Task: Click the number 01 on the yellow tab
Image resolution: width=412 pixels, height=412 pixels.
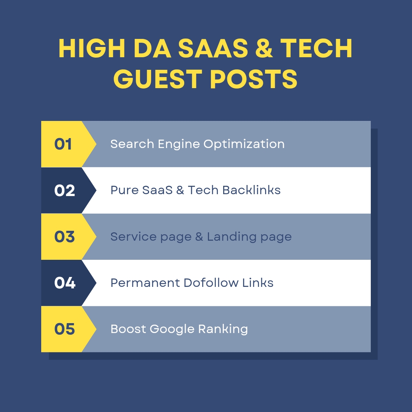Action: [63, 144]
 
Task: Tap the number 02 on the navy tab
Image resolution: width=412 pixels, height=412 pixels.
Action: [64, 190]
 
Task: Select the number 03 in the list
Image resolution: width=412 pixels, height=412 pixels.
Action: [64, 237]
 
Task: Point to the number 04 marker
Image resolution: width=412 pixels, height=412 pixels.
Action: [64, 283]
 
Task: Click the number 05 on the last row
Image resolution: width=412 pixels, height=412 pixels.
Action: [64, 329]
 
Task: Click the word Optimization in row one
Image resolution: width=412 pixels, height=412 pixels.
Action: [244, 144]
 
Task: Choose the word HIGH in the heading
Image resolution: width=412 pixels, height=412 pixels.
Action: [88, 49]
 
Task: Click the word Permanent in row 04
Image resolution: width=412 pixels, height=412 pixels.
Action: [145, 283]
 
